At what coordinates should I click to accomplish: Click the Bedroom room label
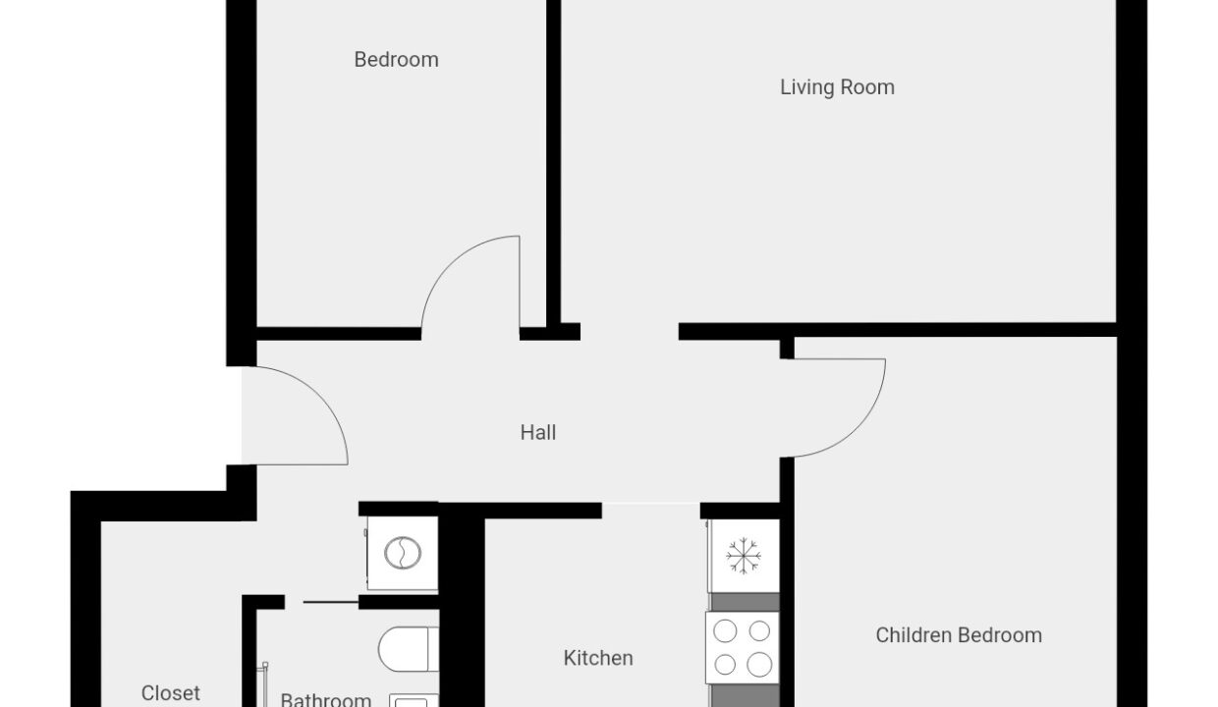396,60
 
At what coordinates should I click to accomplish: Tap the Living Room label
837,87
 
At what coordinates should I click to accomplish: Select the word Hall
537,433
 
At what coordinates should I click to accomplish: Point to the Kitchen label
598,658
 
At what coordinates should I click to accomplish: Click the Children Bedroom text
959,635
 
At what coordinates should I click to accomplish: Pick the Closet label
170,693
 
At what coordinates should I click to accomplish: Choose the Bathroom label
326,699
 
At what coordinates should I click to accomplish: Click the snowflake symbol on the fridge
744,556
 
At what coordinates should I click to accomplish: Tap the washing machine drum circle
403,553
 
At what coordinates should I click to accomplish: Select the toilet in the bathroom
409,649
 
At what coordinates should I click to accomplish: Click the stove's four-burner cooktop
743,647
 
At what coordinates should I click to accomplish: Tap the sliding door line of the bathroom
331,602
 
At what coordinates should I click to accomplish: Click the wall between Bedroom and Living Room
554,163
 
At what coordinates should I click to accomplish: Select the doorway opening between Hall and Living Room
629,332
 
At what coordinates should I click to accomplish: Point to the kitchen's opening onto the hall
651,511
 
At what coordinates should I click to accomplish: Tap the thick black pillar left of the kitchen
462,609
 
